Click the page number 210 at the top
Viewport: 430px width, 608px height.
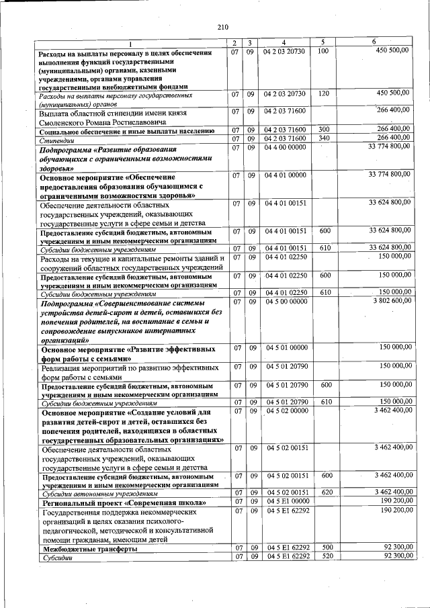click(x=224, y=27)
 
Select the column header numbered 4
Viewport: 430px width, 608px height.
click(x=284, y=42)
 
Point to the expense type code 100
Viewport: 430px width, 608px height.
click(x=322, y=51)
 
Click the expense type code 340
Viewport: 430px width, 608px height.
click(x=323, y=138)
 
